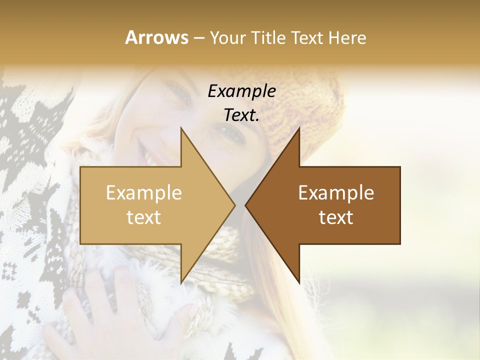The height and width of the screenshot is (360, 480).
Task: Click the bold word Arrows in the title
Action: [156, 37]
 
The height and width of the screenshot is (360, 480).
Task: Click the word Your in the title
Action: [227, 38]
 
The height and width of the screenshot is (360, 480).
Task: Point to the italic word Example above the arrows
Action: [241, 91]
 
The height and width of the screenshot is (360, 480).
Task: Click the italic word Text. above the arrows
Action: [241, 115]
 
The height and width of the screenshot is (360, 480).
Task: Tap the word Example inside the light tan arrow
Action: [144, 193]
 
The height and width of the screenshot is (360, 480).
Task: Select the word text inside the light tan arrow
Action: [144, 217]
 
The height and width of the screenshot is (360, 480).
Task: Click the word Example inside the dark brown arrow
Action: [336, 193]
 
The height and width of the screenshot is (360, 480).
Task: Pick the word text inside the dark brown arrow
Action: [336, 217]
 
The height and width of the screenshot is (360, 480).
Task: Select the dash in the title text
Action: [198, 38]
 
